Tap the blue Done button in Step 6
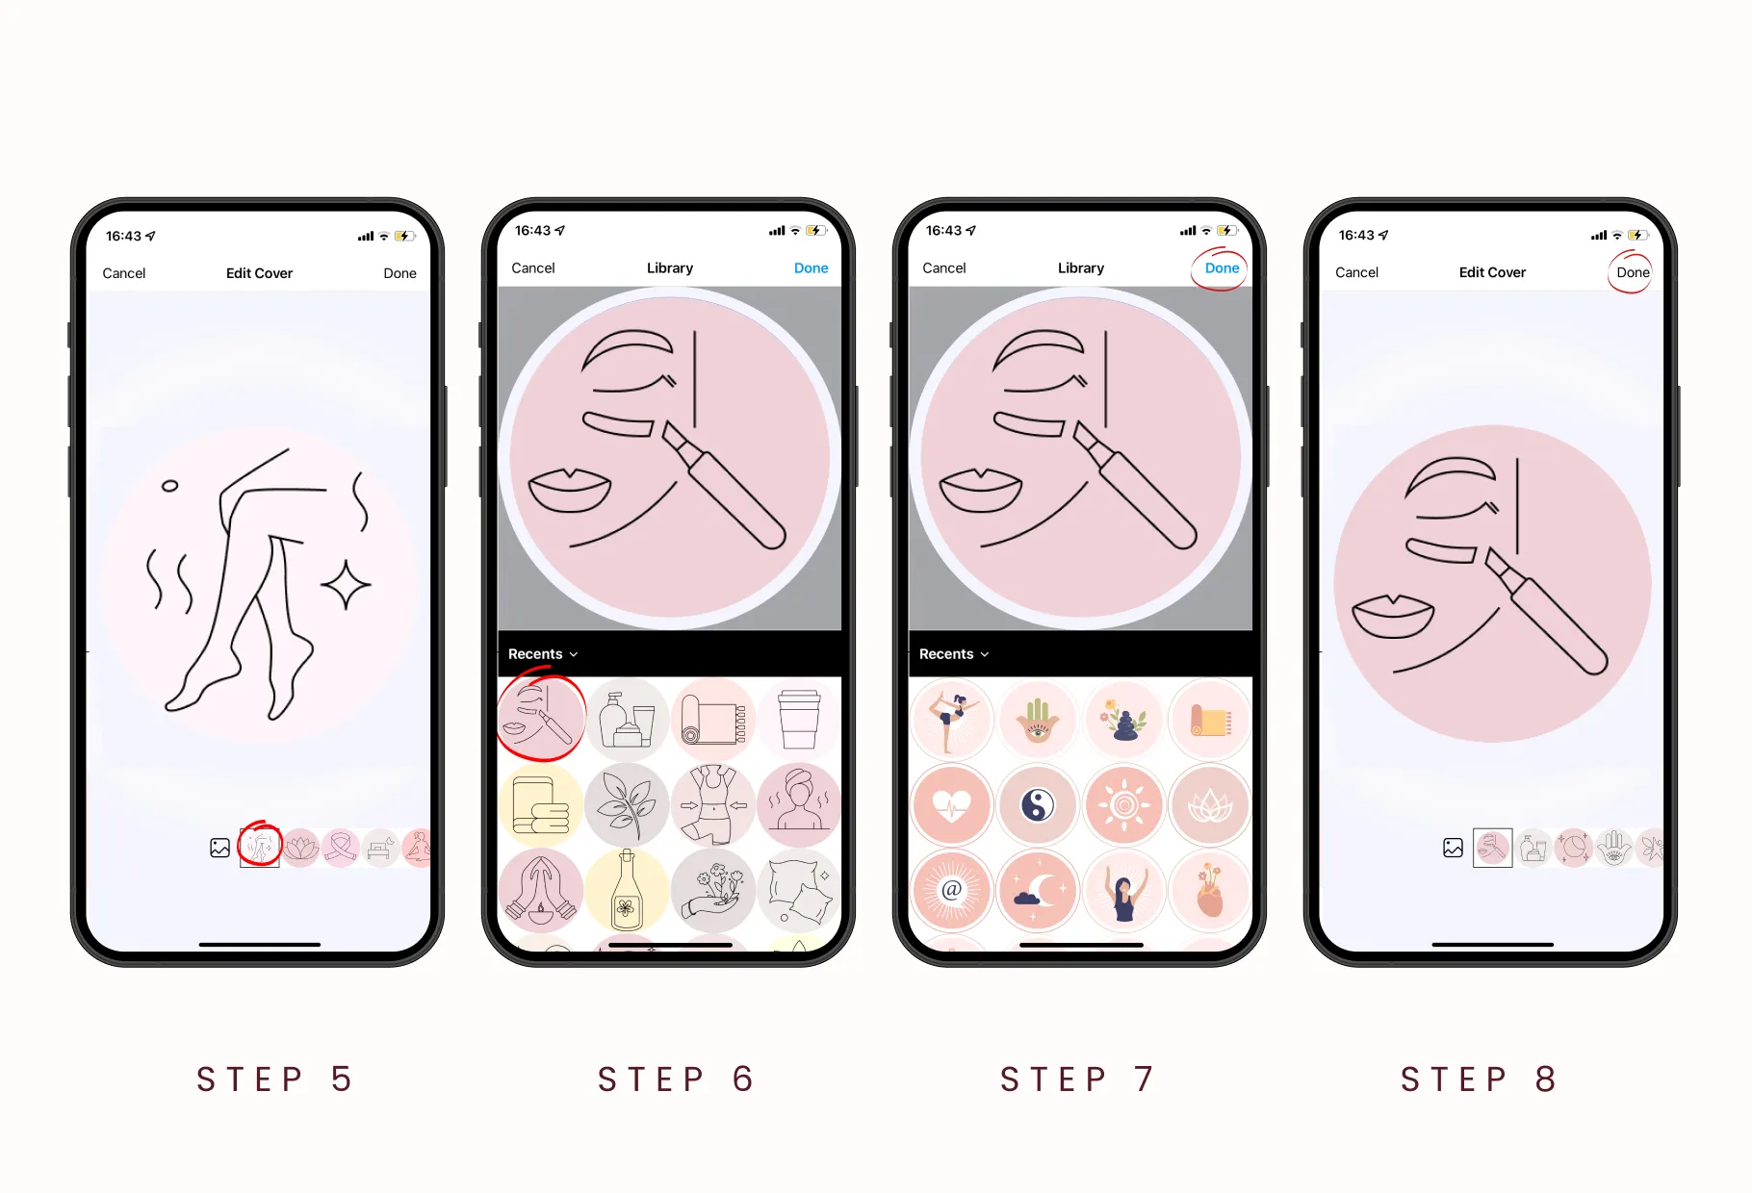(x=811, y=268)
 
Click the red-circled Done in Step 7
(x=1222, y=268)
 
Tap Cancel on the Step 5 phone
(x=124, y=273)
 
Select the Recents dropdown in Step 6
(x=543, y=654)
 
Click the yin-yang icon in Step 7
(x=1038, y=805)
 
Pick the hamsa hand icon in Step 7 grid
(x=1038, y=721)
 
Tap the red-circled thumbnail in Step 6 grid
(x=541, y=720)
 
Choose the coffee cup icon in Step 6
(x=799, y=720)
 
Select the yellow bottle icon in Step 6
(x=627, y=890)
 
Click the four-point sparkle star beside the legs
(x=346, y=584)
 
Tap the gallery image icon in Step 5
(x=220, y=848)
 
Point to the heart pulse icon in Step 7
(x=952, y=805)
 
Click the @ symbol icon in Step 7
(x=952, y=890)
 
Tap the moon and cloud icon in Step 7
(x=1038, y=890)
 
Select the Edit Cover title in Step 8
(x=1492, y=272)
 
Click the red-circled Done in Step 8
(x=1633, y=272)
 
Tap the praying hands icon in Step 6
(x=541, y=890)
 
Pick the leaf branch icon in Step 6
(x=627, y=805)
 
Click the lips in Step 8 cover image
(x=1393, y=616)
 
